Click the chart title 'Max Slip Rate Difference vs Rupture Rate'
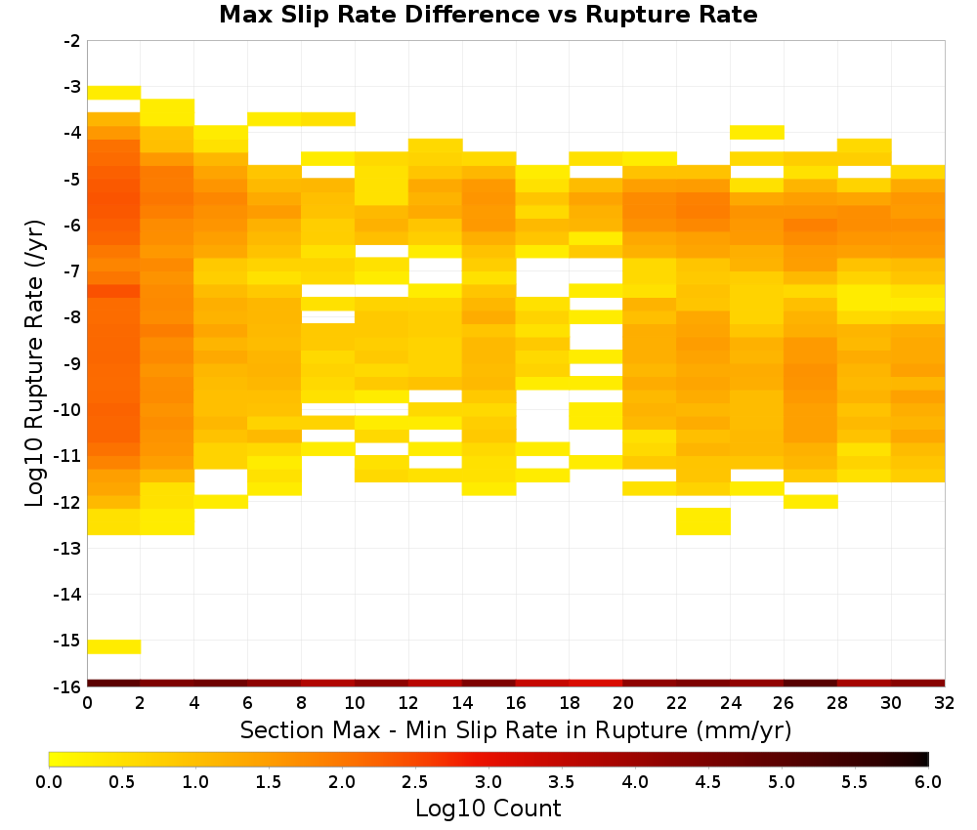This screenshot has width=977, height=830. point(488,15)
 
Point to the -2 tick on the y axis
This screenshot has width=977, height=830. point(72,41)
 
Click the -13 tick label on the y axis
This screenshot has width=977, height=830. point(68,549)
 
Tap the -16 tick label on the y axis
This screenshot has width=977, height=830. point(68,686)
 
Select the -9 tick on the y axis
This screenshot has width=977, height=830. point(72,363)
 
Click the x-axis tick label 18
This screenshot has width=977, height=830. point(570,704)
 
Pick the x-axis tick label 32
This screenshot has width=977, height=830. point(945,704)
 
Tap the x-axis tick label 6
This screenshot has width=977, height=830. point(248,704)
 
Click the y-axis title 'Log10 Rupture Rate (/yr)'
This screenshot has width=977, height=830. point(35,363)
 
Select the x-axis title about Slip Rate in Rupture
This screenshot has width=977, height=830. point(516,730)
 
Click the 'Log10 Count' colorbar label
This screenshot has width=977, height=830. point(488,809)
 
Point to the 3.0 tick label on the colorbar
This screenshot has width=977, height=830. point(488,782)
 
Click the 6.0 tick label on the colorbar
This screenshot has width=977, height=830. point(928,782)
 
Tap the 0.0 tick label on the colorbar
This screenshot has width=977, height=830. point(49,782)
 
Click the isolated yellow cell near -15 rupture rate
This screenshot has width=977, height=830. point(114,647)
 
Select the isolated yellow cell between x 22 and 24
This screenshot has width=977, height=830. point(703,521)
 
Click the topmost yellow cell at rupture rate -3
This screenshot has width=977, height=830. point(114,93)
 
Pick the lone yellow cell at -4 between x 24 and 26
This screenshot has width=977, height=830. point(757,133)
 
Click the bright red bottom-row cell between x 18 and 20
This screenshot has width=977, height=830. point(596,684)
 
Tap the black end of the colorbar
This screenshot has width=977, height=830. point(923,759)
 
